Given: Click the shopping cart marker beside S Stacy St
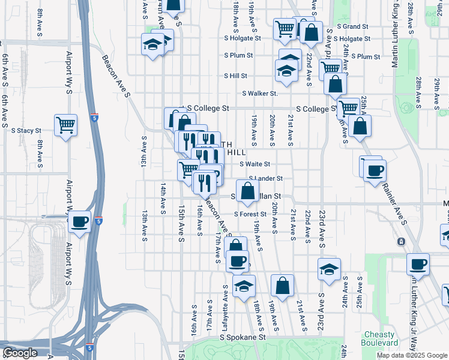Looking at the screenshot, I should (65, 125).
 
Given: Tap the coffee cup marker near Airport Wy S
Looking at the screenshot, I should (79, 222).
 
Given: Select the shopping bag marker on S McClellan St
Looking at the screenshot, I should (247, 191).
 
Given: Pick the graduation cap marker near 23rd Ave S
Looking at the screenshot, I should (329, 269).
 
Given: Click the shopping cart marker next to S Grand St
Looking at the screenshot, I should (285, 28).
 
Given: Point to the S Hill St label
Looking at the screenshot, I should (236, 76).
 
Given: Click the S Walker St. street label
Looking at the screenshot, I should (260, 94).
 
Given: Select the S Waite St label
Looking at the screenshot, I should (255, 164).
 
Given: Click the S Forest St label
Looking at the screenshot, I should (250, 214).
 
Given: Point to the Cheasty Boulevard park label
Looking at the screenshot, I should (378, 338).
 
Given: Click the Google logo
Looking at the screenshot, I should (19, 353).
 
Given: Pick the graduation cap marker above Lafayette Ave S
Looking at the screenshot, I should (244, 286).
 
